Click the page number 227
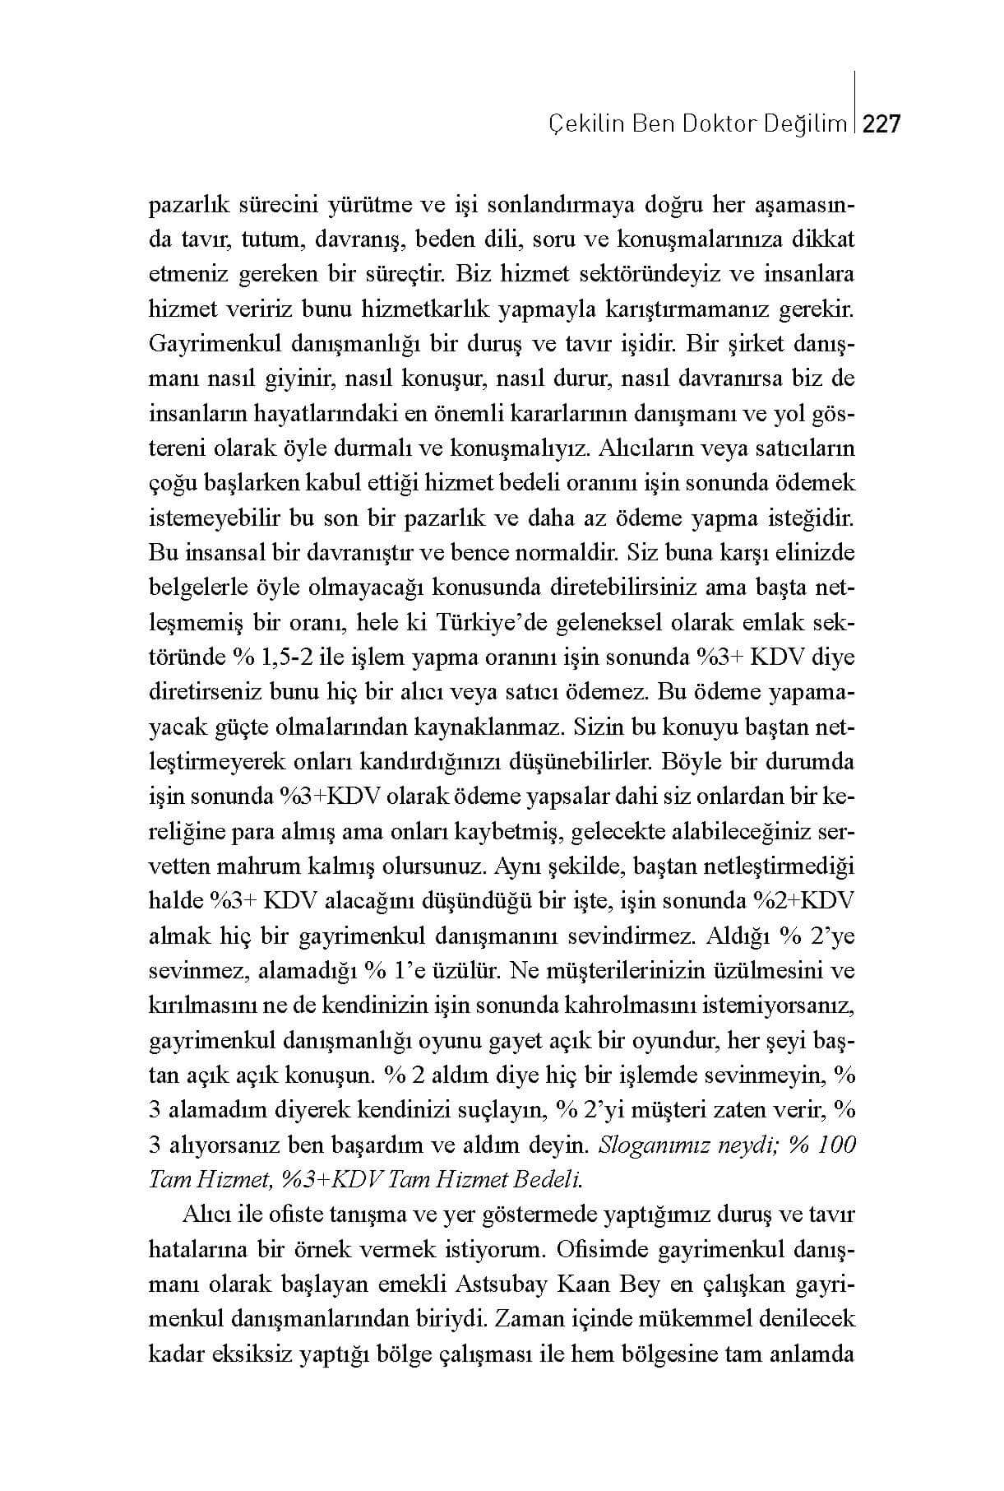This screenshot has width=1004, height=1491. tap(883, 124)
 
